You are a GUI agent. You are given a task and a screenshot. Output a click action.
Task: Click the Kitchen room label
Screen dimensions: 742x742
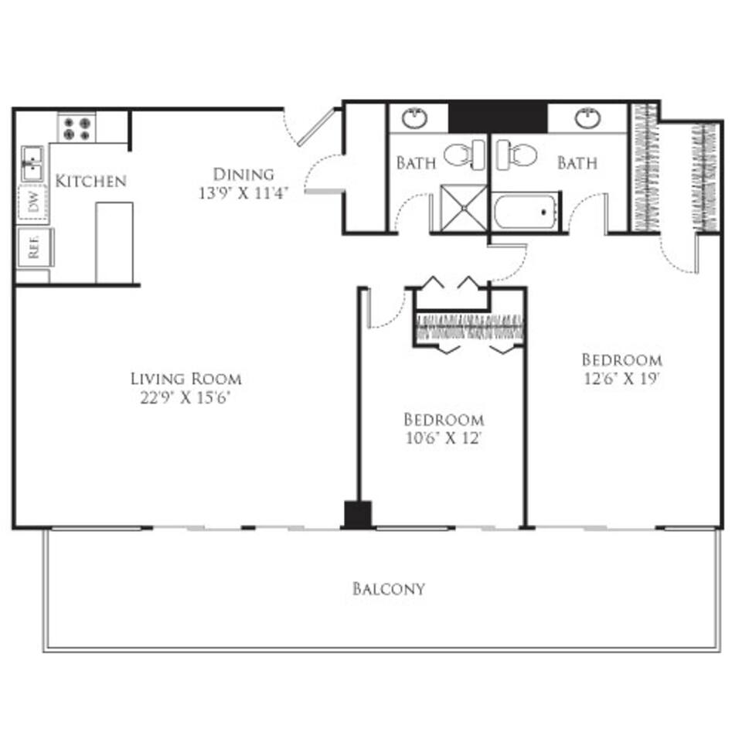point(90,182)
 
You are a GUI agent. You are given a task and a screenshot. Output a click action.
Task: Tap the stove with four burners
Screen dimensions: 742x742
point(77,128)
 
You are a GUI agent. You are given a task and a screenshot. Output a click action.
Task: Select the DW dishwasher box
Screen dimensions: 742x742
point(33,204)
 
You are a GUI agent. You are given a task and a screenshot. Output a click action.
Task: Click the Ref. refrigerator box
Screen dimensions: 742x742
point(33,247)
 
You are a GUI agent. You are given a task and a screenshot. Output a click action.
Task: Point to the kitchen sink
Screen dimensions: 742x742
point(32,163)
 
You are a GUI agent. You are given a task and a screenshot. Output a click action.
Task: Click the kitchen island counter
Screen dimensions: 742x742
point(114,243)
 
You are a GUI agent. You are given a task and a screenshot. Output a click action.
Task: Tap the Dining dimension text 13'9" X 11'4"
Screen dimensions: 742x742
point(243,193)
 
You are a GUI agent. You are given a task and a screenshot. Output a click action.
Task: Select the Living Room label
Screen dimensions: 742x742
point(185,379)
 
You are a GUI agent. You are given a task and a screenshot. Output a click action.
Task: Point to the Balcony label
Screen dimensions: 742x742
point(389,589)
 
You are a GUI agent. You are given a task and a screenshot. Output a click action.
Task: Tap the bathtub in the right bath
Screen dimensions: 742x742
point(526,211)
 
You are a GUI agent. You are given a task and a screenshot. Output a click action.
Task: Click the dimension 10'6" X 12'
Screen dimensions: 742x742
point(444,440)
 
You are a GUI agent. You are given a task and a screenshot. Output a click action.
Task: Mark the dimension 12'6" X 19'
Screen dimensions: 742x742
point(621,380)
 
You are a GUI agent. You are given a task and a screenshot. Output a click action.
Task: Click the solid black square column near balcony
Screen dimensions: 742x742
point(357,515)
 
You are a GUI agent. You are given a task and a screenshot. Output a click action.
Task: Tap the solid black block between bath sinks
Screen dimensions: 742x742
point(498,117)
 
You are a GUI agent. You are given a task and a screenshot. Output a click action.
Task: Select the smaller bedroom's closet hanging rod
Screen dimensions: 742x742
point(470,328)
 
